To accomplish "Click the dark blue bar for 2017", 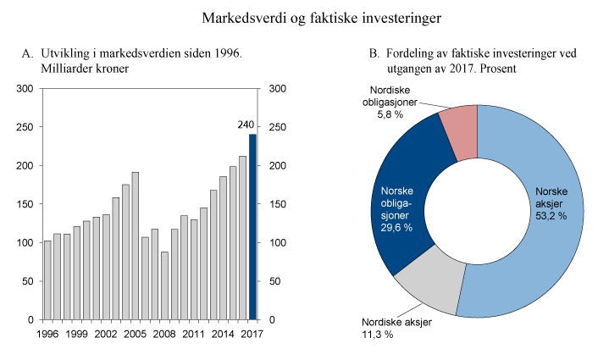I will coord(252,227).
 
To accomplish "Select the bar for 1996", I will coord(47,280).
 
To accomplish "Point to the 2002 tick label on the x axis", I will coord(105,335).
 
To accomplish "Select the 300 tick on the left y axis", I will coord(26,89).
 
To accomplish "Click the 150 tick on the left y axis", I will coord(26,204).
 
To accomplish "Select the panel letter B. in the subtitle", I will coord(374,53).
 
